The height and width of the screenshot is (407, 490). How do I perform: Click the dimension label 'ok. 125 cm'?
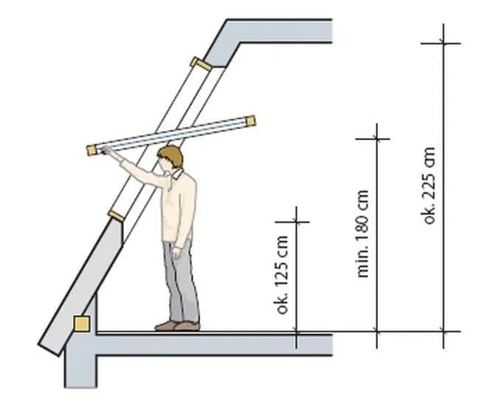(282, 275)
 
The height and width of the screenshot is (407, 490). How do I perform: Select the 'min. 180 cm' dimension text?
(362, 233)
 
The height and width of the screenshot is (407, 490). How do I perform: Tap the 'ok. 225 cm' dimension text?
(429, 185)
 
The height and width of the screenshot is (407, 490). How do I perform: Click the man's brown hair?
(171, 155)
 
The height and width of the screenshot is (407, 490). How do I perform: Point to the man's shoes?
(178, 326)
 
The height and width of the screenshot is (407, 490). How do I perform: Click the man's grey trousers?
(182, 281)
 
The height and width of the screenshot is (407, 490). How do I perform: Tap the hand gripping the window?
(107, 151)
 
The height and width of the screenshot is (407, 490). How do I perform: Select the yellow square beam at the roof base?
(82, 324)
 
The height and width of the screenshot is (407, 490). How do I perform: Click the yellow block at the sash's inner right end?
(251, 121)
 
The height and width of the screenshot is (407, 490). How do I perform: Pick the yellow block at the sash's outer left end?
(92, 150)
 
